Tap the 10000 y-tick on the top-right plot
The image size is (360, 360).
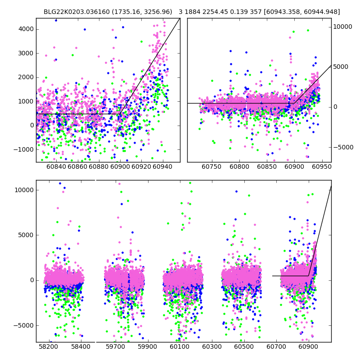(x=343, y=27)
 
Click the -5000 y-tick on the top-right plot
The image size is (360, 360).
(x=343, y=147)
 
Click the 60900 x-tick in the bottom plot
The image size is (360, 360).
(x=309, y=347)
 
